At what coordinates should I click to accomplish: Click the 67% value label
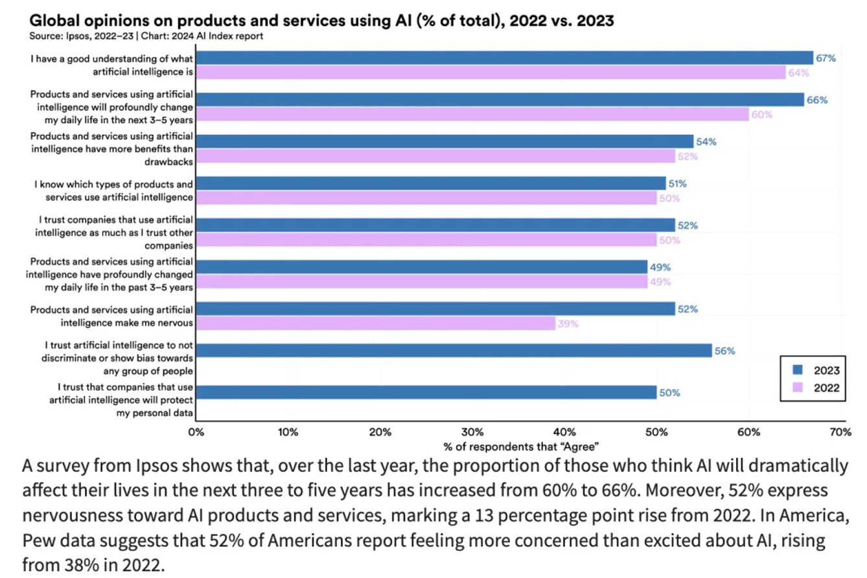[x=826, y=58]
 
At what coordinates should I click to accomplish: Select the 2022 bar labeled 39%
[x=375, y=323]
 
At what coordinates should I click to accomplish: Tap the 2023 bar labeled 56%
[x=454, y=351]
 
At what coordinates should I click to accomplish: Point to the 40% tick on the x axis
[x=564, y=432]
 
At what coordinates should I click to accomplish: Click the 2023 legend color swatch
[x=798, y=370]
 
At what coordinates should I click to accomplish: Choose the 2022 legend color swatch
[x=798, y=387]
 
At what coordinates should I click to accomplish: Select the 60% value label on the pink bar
[x=762, y=115]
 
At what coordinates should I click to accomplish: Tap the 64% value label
[x=798, y=73]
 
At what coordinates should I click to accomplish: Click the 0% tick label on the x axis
[x=196, y=432]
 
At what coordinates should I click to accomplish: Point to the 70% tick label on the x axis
[x=840, y=432]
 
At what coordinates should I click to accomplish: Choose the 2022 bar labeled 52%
[x=435, y=156]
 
